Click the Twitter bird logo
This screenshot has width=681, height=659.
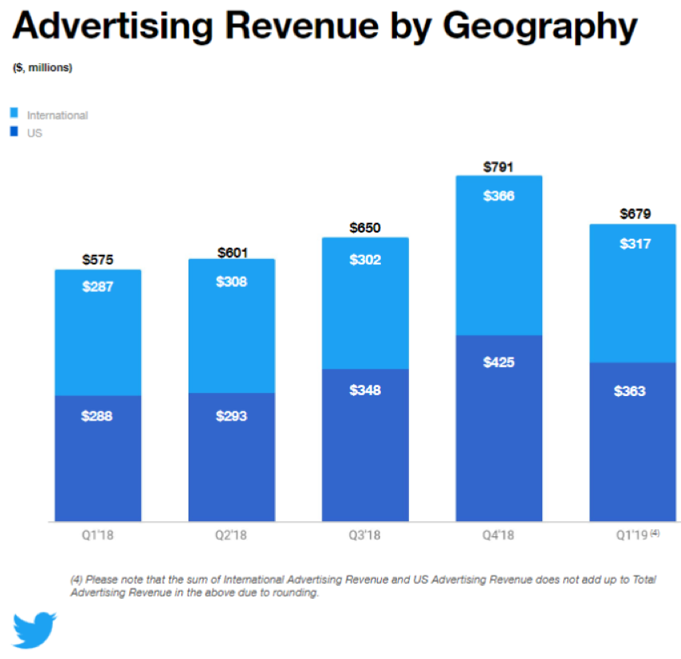tap(34, 629)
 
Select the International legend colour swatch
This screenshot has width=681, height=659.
tap(14, 112)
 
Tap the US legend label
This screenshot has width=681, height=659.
tap(34, 134)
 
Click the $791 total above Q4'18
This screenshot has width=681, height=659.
tap(498, 168)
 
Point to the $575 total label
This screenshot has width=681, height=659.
tap(98, 260)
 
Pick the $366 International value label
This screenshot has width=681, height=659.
tap(499, 196)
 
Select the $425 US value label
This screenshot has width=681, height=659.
tap(499, 362)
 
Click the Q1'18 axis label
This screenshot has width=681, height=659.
tap(98, 535)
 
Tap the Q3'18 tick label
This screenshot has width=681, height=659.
tap(365, 535)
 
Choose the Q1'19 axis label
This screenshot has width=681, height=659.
tap(630, 535)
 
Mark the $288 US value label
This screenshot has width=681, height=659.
tap(98, 417)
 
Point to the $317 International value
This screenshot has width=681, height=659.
tap(633, 244)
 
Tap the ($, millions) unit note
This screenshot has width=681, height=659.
tap(43, 68)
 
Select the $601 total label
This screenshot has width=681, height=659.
tap(232, 253)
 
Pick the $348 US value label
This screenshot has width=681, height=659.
tap(365, 390)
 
